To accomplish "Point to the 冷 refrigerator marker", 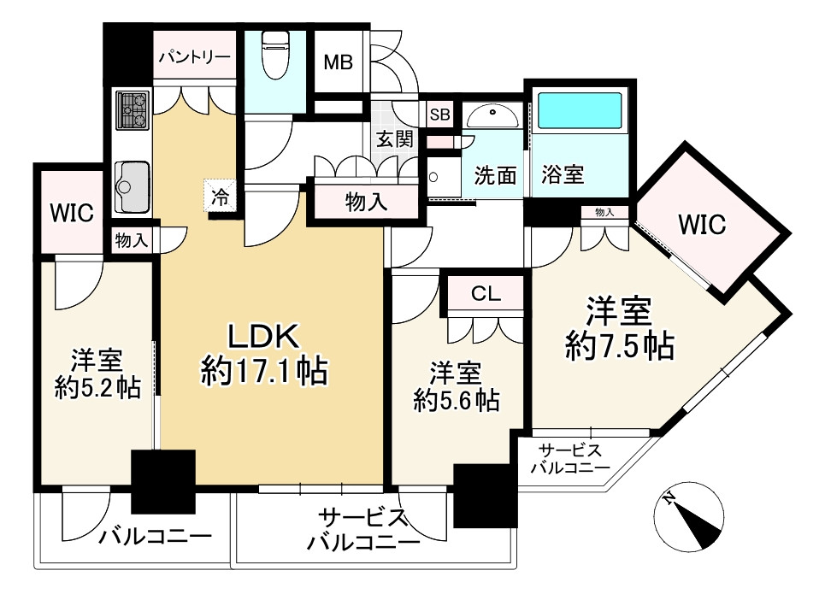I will click(x=220, y=197).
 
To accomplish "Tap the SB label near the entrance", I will click(x=439, y=113).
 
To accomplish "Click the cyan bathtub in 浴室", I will click(x=581, y=112).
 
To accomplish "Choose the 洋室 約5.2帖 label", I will click(x=94, y=373).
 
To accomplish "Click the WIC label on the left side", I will click(x=70, y=213).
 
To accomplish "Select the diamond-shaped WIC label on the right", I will click(x=702, y=225).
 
